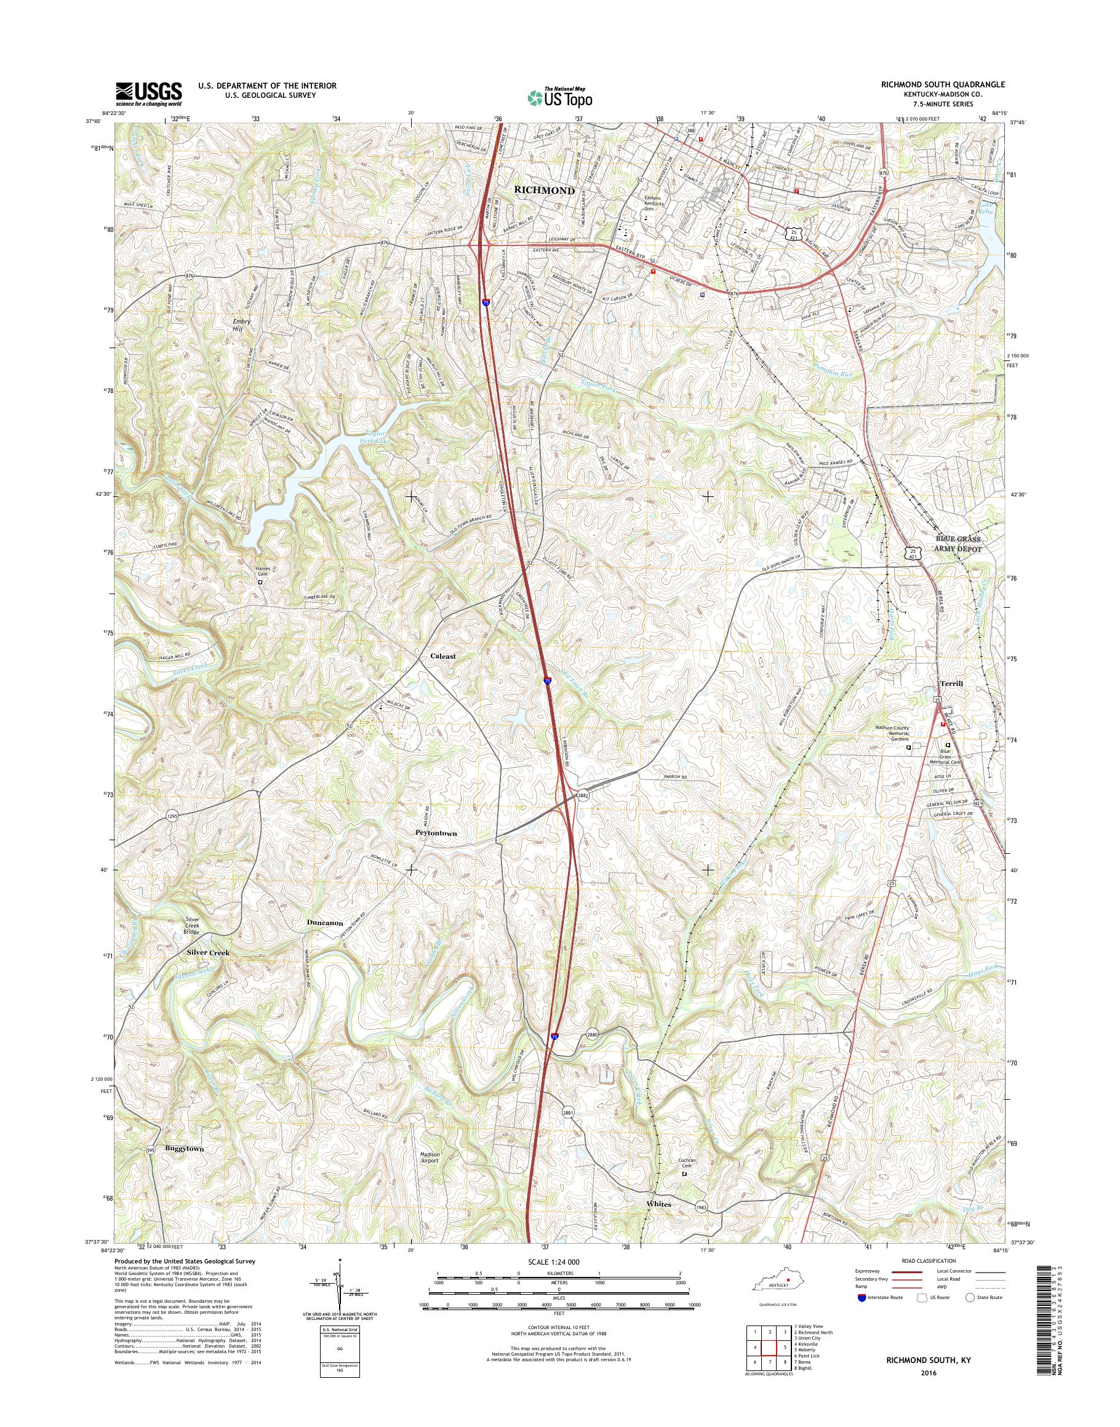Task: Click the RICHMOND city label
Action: click(x=544, y=191)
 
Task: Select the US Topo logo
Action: click(x=559, y=97)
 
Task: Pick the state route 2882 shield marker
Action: click(x=583, y=795)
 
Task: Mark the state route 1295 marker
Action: click(x=172, y=816)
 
